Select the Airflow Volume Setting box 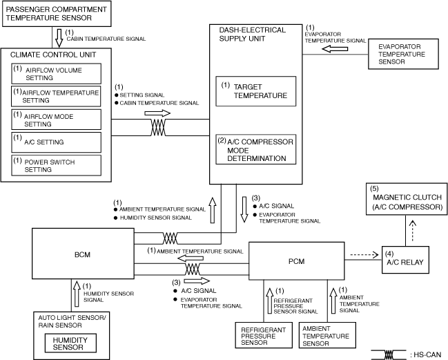pos(56,73)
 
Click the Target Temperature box pos(257,92)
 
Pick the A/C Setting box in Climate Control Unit pos(56,142)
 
